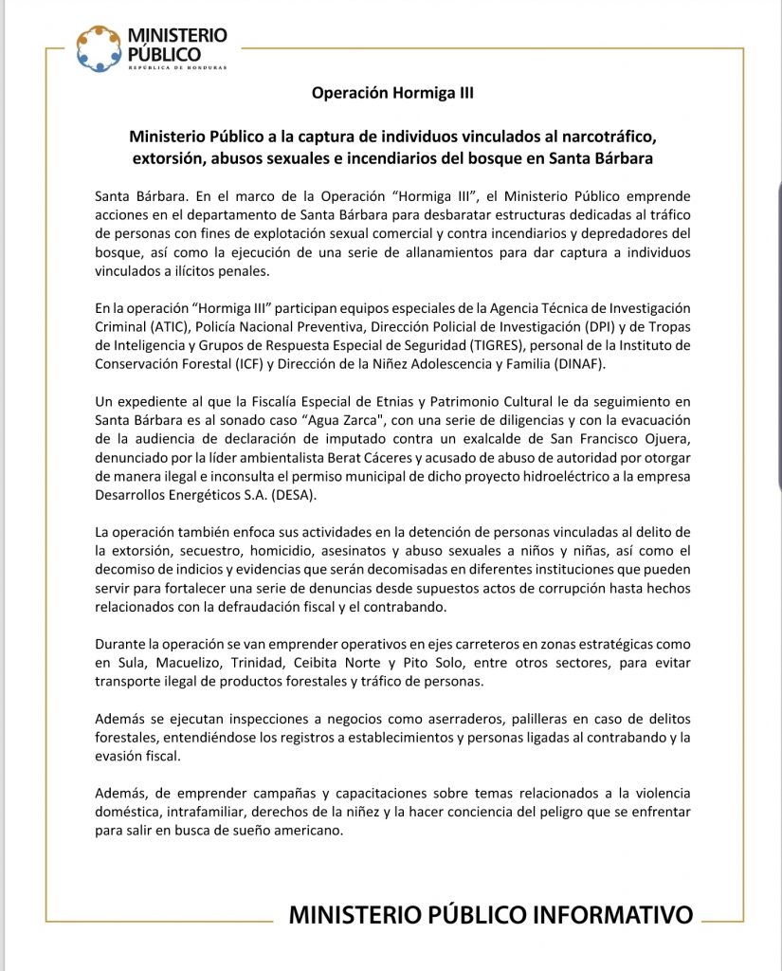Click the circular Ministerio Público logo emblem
[100, 48]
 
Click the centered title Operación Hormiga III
[391, 93]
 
